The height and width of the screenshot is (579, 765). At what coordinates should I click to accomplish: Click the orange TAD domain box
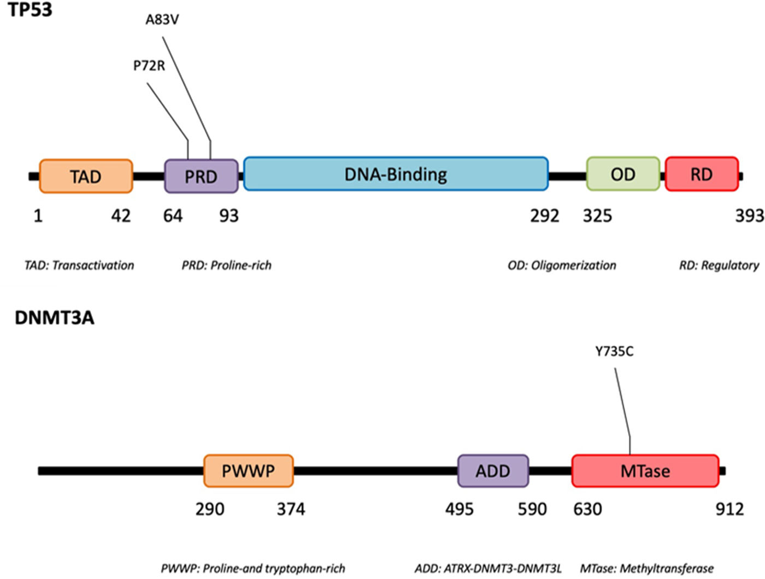(86, 176)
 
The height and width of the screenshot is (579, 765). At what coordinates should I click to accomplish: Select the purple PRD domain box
(201, 176)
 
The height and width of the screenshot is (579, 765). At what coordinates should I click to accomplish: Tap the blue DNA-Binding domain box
(396, 174)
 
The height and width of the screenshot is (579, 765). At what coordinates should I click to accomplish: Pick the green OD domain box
(623, 174)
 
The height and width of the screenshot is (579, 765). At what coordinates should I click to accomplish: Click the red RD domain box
(702, 174)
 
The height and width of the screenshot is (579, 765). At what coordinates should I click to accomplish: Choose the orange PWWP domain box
(248, 471)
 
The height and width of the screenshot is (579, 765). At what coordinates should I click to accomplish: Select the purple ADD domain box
(493, 471)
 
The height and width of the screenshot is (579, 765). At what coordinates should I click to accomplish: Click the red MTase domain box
(645, 471)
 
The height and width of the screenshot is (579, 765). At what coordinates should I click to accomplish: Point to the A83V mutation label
(162, 20)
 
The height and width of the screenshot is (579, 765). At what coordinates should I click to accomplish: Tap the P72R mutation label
(149, 66)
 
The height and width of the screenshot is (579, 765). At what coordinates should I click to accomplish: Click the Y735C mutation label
(614, 352)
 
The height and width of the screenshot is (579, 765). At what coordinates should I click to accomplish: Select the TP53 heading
(30, 9)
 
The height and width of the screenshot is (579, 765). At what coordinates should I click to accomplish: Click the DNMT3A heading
(54, 318)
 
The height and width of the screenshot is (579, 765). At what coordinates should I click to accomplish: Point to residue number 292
(544, 216)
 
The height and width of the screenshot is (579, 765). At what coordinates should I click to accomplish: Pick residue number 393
(749, 216)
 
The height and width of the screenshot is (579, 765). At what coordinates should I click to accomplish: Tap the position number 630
(587, 509)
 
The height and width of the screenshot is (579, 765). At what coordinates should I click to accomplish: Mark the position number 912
(729, 509)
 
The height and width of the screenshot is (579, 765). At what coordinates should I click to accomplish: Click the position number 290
(209, 509)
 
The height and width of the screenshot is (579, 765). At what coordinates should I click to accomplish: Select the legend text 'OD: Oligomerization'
(562, 265)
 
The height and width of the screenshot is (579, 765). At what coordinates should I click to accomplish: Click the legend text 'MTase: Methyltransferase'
(646, 569)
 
